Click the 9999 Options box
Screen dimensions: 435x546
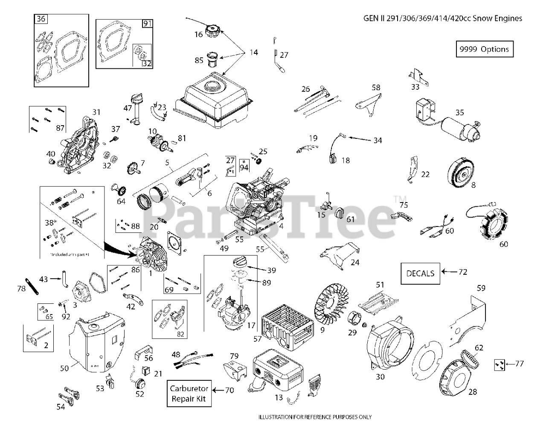(x=485, y=49)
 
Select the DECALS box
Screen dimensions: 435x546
(x=420, y=273)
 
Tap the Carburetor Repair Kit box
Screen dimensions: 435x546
(x=189, y=393)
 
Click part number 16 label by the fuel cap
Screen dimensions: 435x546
(x=199, y=35)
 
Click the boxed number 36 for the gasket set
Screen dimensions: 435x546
(x=41, y=19)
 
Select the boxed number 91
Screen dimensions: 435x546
(x=147, y=24)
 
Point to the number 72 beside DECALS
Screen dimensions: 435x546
(x=463, y=272)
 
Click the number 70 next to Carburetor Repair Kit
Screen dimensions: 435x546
(x=229, y=390)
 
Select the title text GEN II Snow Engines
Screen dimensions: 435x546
(x=443, y=18)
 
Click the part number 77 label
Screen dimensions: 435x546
(x=519, y=364)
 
